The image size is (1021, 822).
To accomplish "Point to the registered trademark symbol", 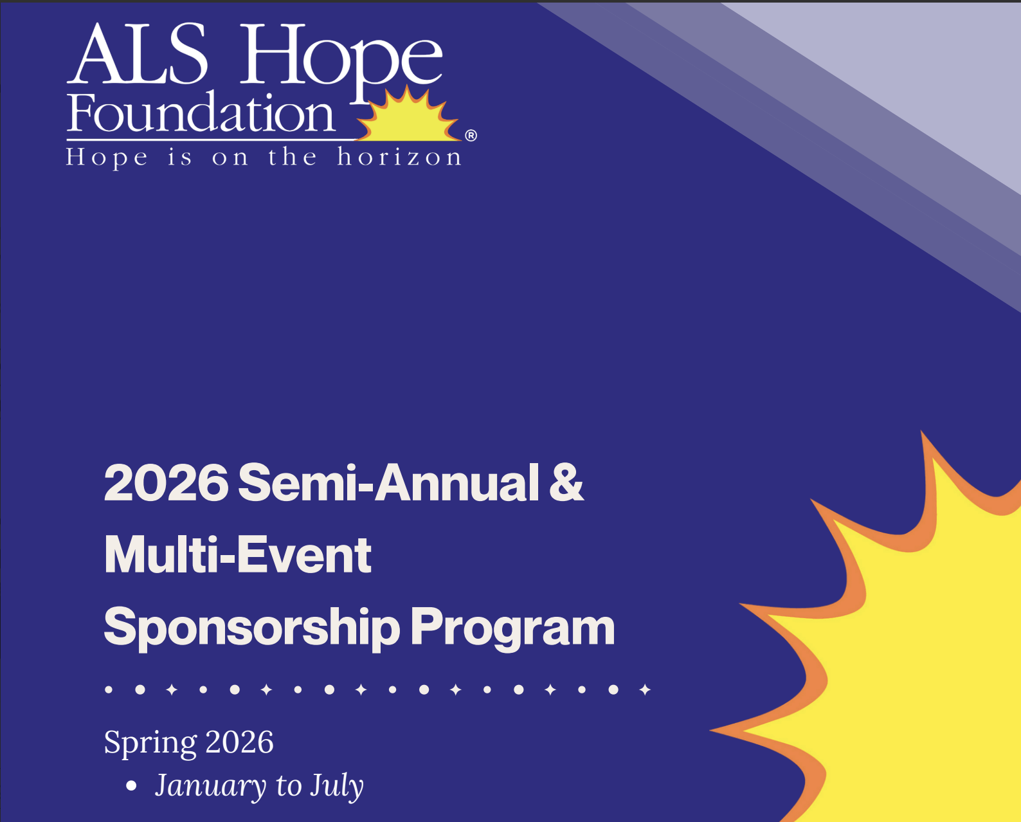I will (471, 135).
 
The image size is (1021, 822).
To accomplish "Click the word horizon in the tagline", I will (399, 157).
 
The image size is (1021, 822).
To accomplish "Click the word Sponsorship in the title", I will (251, 628).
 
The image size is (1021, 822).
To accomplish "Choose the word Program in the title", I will (512, 628).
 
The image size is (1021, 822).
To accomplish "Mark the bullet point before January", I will (132, 786).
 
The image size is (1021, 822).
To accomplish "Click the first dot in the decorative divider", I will (109, 690).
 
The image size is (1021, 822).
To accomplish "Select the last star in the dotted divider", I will (646, 690).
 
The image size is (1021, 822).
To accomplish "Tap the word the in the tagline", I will (293, 157).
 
